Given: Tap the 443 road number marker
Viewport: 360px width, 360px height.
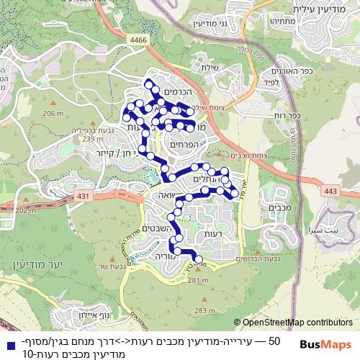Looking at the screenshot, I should pos(331,191).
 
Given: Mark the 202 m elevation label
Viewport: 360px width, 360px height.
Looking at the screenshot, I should pos(24,210).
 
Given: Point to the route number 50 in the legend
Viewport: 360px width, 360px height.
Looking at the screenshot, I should pos(274,341).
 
